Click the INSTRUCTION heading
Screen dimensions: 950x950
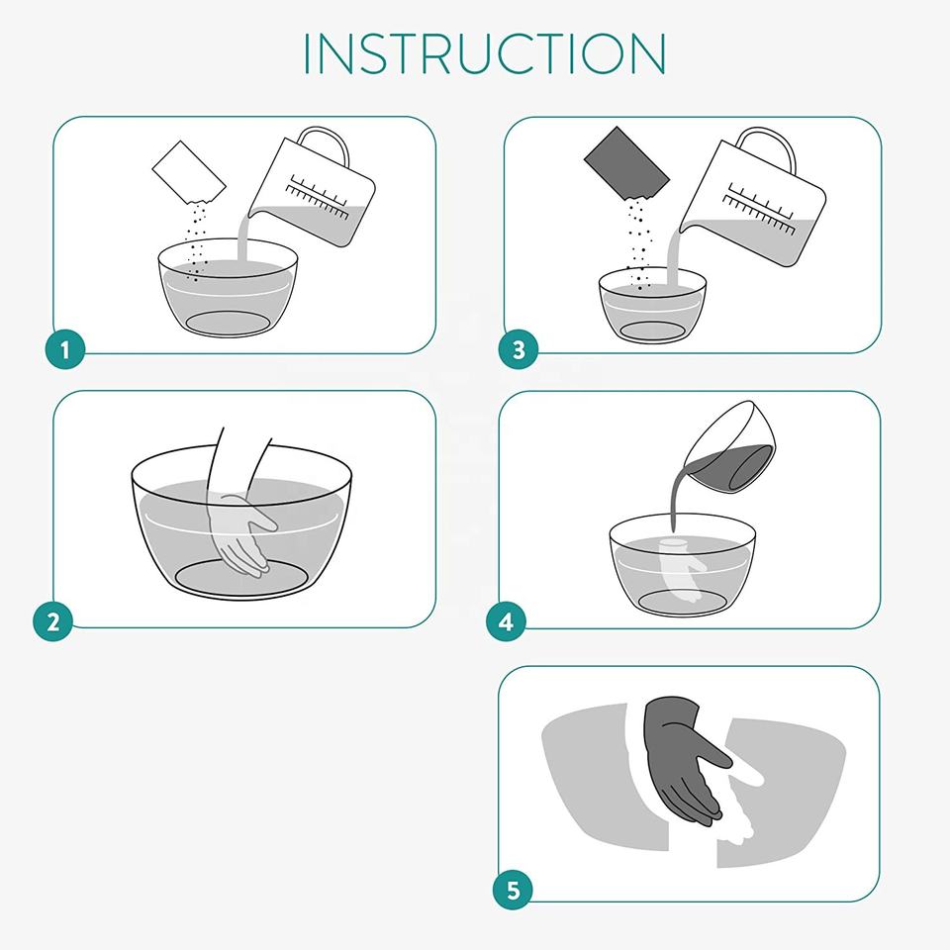point(484,53)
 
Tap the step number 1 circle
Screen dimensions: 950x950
point(65,349)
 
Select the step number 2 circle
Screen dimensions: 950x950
point(52,621)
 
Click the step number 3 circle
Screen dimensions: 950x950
point(518,349)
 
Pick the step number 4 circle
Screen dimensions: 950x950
point(506,621)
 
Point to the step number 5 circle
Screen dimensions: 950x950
point(513,890)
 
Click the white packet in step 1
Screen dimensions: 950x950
point(188,172)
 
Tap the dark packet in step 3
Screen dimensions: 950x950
point(626,162)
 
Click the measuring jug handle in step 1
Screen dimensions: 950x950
point(328,143)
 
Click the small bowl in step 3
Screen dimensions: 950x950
point(652,306)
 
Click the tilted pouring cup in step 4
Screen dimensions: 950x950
point(730,448)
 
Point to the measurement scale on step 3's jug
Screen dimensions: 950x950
point(760,207)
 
